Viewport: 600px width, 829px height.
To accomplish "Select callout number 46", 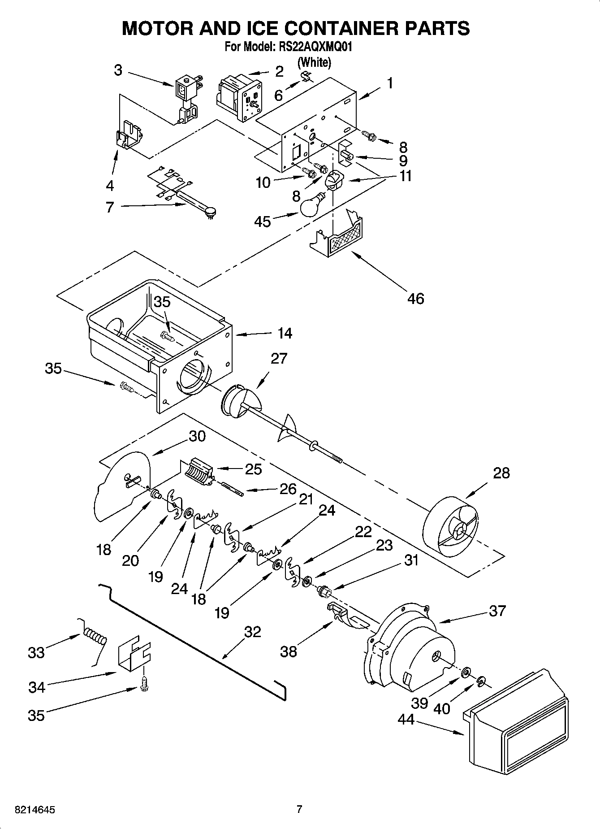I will (415, 298).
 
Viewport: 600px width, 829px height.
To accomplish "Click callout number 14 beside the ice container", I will (285, 333).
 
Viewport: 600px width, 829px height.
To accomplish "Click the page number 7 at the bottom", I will (299, 809).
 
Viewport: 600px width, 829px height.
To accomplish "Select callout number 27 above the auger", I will (278, 359).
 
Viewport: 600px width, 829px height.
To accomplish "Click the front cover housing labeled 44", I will (515, 722).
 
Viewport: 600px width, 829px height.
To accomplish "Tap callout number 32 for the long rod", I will (252, 632).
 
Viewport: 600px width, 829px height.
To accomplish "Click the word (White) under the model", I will (315, 62).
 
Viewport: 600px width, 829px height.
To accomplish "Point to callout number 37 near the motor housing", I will (497, 610).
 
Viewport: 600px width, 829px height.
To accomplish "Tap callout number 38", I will (288, 651).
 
